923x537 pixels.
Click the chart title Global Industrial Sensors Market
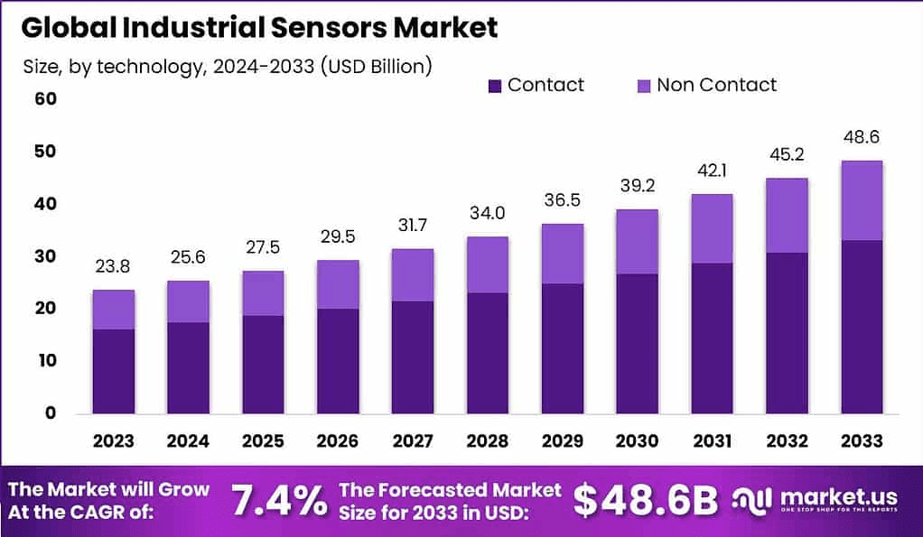click(259, 27)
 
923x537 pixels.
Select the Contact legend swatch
click(495, 86)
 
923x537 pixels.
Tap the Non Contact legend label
click(716, 86)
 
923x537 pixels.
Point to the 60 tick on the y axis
click(45, 98)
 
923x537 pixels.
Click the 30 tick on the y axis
click(45, 256)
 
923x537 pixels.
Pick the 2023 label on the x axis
click(114, 440)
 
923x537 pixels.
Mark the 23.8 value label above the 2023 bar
click(114, 266)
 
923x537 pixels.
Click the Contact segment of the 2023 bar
click(114, 370)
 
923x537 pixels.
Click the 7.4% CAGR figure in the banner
click(279, 500)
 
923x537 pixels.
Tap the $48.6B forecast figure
click(645, 500)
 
